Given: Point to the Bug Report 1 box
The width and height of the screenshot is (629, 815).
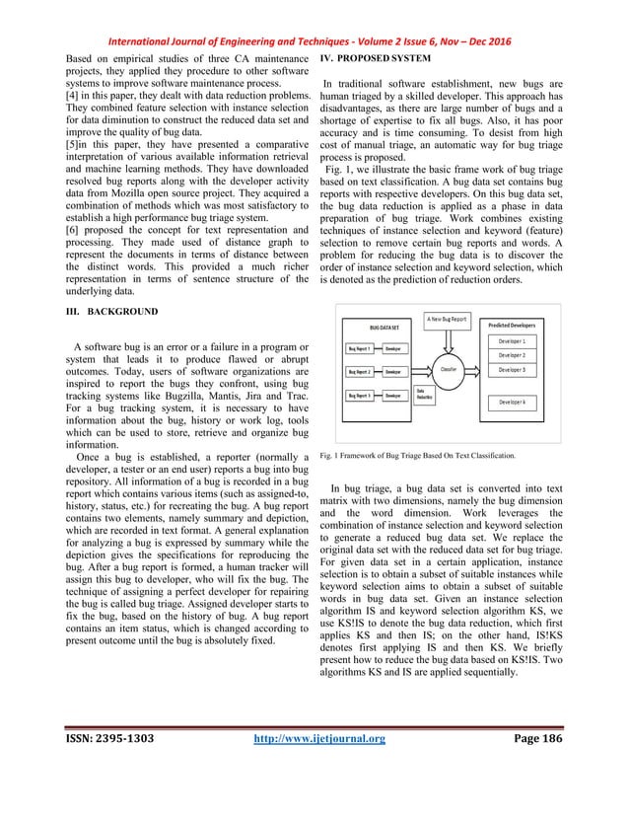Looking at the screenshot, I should coord(359,348).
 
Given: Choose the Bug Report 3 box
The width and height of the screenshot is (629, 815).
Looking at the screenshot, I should coord(359,395).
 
